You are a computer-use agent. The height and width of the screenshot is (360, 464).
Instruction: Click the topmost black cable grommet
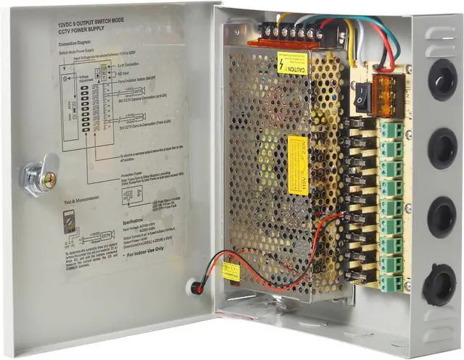pos(442,79)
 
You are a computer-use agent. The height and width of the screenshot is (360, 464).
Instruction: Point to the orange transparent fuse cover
pos(387,93)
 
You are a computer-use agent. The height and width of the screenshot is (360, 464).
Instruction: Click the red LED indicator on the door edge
pos(194,287)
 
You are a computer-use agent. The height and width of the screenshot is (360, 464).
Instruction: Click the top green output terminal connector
pos(392,130)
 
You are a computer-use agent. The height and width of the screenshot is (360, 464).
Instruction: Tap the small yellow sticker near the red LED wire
pos(231,271)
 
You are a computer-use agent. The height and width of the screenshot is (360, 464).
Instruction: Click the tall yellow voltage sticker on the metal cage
pos(297,164)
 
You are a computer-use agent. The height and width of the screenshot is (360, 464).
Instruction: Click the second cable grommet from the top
pos(442,148)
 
